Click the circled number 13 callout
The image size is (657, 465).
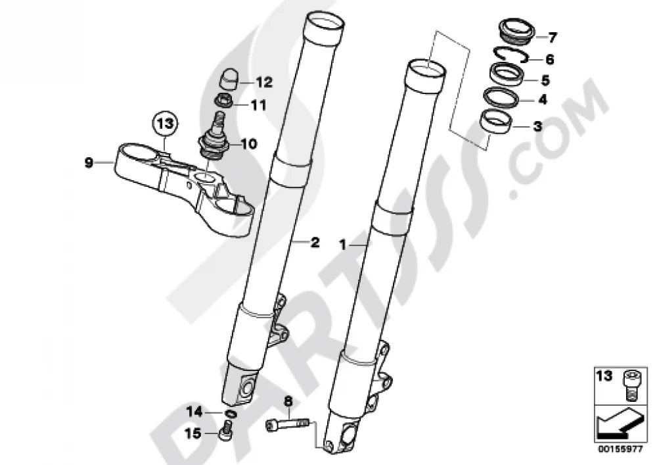165,124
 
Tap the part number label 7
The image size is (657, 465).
553,37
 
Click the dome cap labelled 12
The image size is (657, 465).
229,78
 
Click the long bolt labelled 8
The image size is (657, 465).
288,426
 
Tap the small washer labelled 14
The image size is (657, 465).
231,414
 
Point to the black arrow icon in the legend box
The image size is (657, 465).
620,423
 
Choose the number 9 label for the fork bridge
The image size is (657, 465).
88,162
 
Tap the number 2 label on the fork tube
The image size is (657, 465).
315,242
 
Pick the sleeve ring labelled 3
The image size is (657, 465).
497,120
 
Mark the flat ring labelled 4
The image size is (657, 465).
501,97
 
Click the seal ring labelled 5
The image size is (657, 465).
507,74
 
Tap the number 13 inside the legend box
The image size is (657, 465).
604,376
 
